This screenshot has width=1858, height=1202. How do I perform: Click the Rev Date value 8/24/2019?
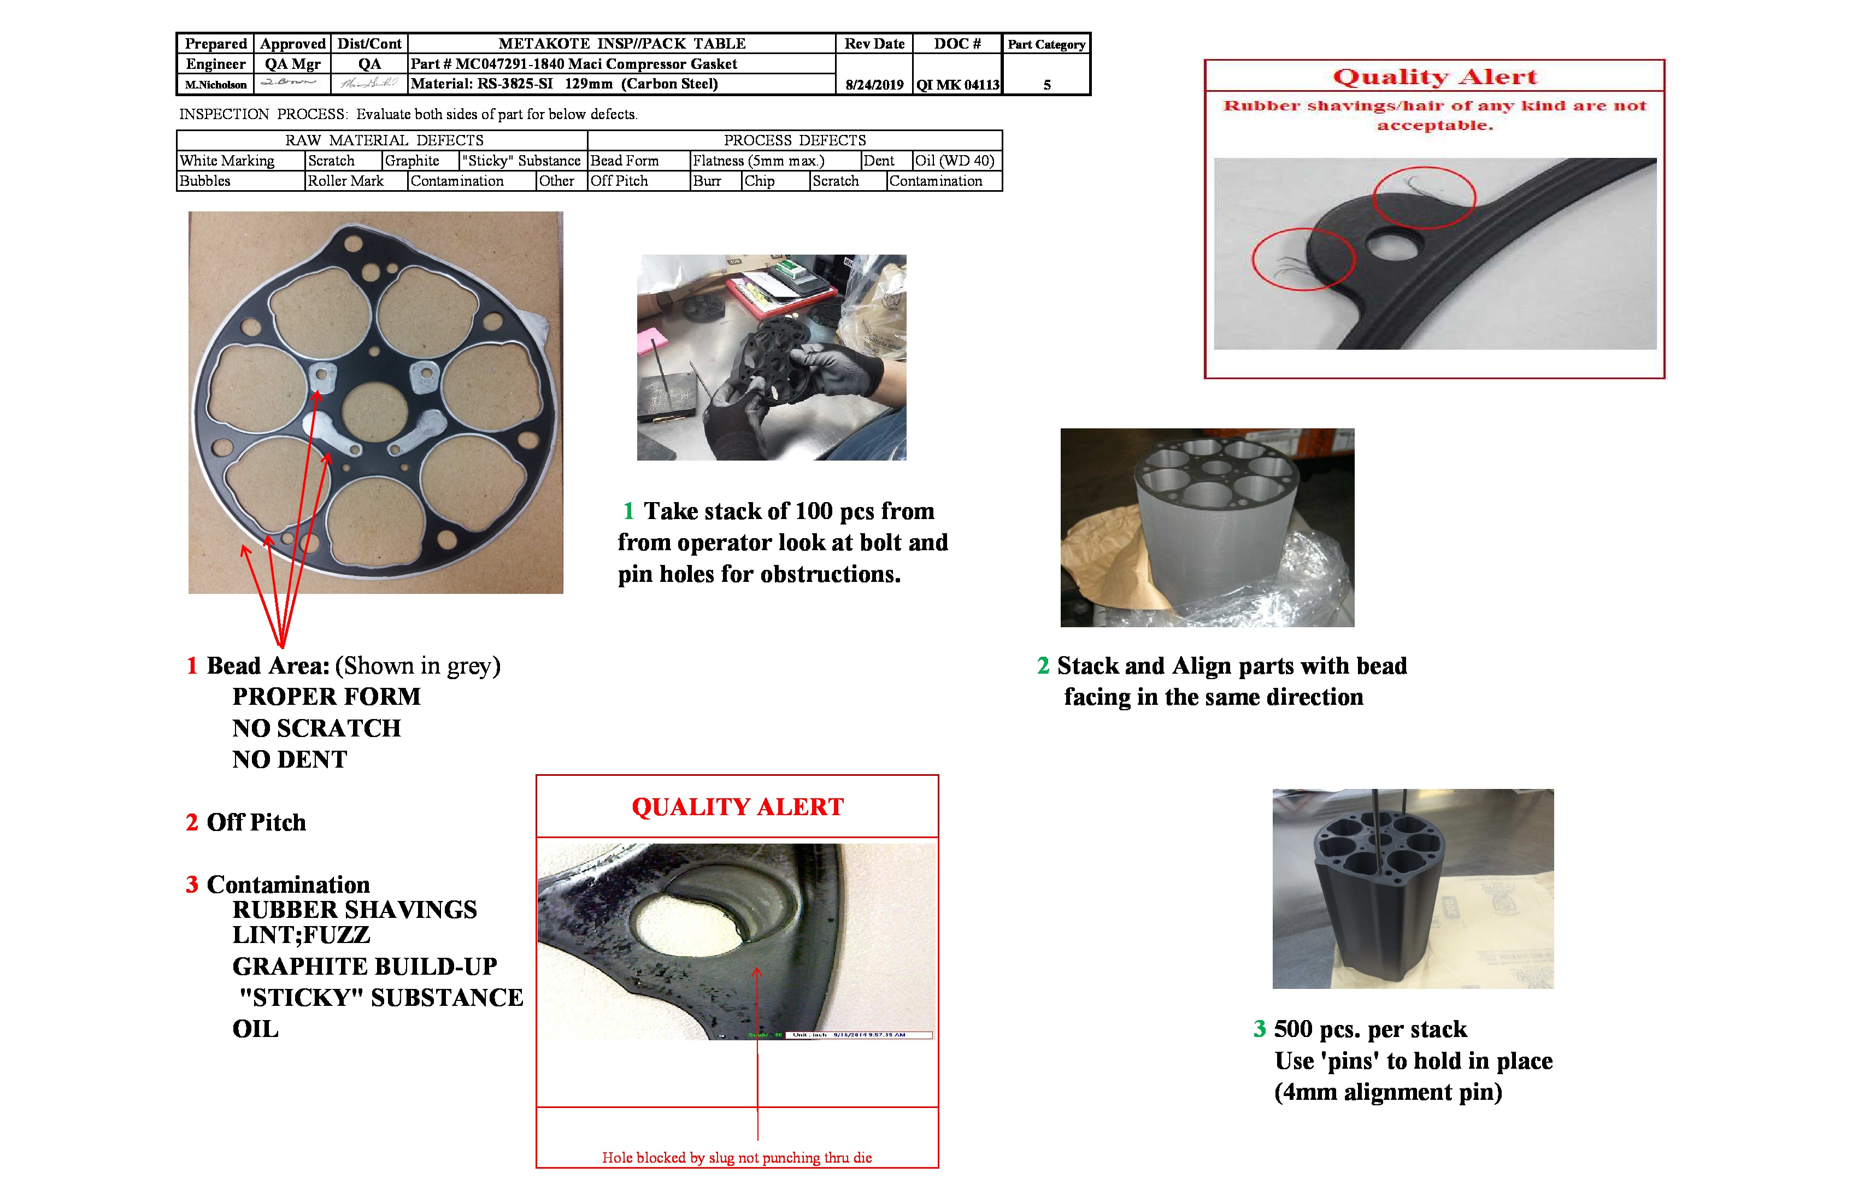[874, 84]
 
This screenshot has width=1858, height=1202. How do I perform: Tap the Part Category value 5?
[1047, 84]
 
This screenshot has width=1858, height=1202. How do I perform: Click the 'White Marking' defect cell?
[227, 161]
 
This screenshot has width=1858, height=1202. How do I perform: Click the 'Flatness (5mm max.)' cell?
[758, 161]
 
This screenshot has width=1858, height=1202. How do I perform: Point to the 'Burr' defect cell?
[707, 181]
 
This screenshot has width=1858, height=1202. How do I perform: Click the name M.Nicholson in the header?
[215, 84]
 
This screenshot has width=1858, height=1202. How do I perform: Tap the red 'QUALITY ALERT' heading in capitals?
[737, 807]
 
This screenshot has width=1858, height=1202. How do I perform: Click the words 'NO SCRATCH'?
[316, 728]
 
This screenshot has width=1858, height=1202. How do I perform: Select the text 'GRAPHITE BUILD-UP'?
[364, 967]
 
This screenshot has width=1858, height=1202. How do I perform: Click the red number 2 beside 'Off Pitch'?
[192, 823]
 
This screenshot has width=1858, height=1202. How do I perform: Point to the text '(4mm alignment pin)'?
[1387, 1092]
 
